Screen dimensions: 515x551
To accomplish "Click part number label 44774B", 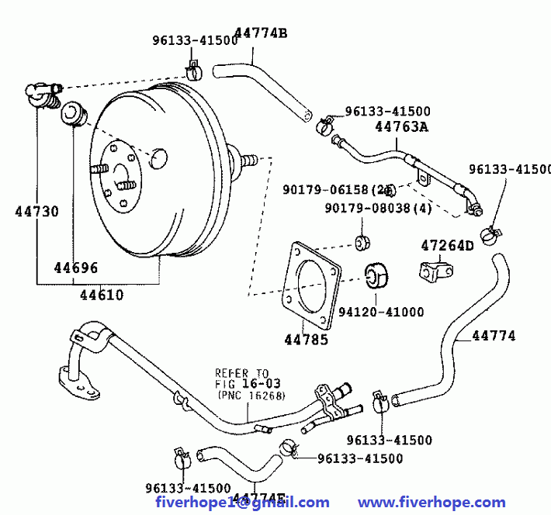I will pos(261,33).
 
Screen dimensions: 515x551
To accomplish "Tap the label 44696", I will pos(75,268).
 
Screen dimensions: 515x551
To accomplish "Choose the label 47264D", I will pos(447,246).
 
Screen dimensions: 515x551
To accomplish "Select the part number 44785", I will pos(306,339).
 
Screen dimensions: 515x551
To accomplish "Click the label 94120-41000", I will pos(381,312).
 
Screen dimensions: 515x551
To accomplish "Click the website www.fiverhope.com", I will pos(431,502).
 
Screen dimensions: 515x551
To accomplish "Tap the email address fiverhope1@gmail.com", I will pos(242,502).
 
